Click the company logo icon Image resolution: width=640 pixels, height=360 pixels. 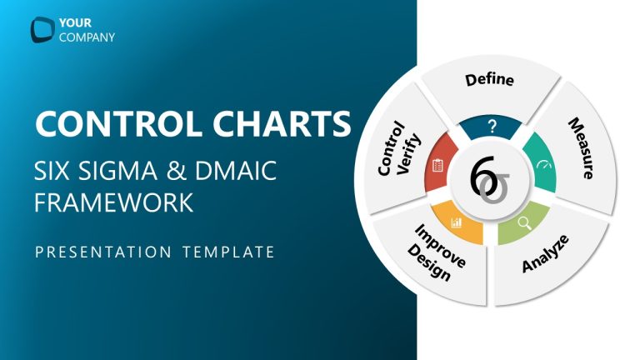coord(42,29)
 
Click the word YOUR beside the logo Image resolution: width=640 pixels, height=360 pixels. coord(74,22)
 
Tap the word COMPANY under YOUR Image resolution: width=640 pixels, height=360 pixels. coord(87,37)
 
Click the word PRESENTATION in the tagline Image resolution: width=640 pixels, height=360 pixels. coord(101,251)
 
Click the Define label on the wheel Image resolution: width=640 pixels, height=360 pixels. coord(489,81)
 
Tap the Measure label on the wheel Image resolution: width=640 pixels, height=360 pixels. coord(581,149)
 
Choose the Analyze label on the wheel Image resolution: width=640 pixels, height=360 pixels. coord(545,254)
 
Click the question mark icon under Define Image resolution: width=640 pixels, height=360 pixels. coord(492,127)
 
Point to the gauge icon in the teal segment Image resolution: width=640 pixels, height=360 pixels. coord(543,164)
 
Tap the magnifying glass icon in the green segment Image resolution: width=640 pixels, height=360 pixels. coord(524,222)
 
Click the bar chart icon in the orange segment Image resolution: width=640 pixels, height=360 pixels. coord(456,222)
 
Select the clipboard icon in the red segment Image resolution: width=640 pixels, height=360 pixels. coord(437,165)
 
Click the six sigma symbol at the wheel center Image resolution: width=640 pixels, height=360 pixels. coord(488,178)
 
